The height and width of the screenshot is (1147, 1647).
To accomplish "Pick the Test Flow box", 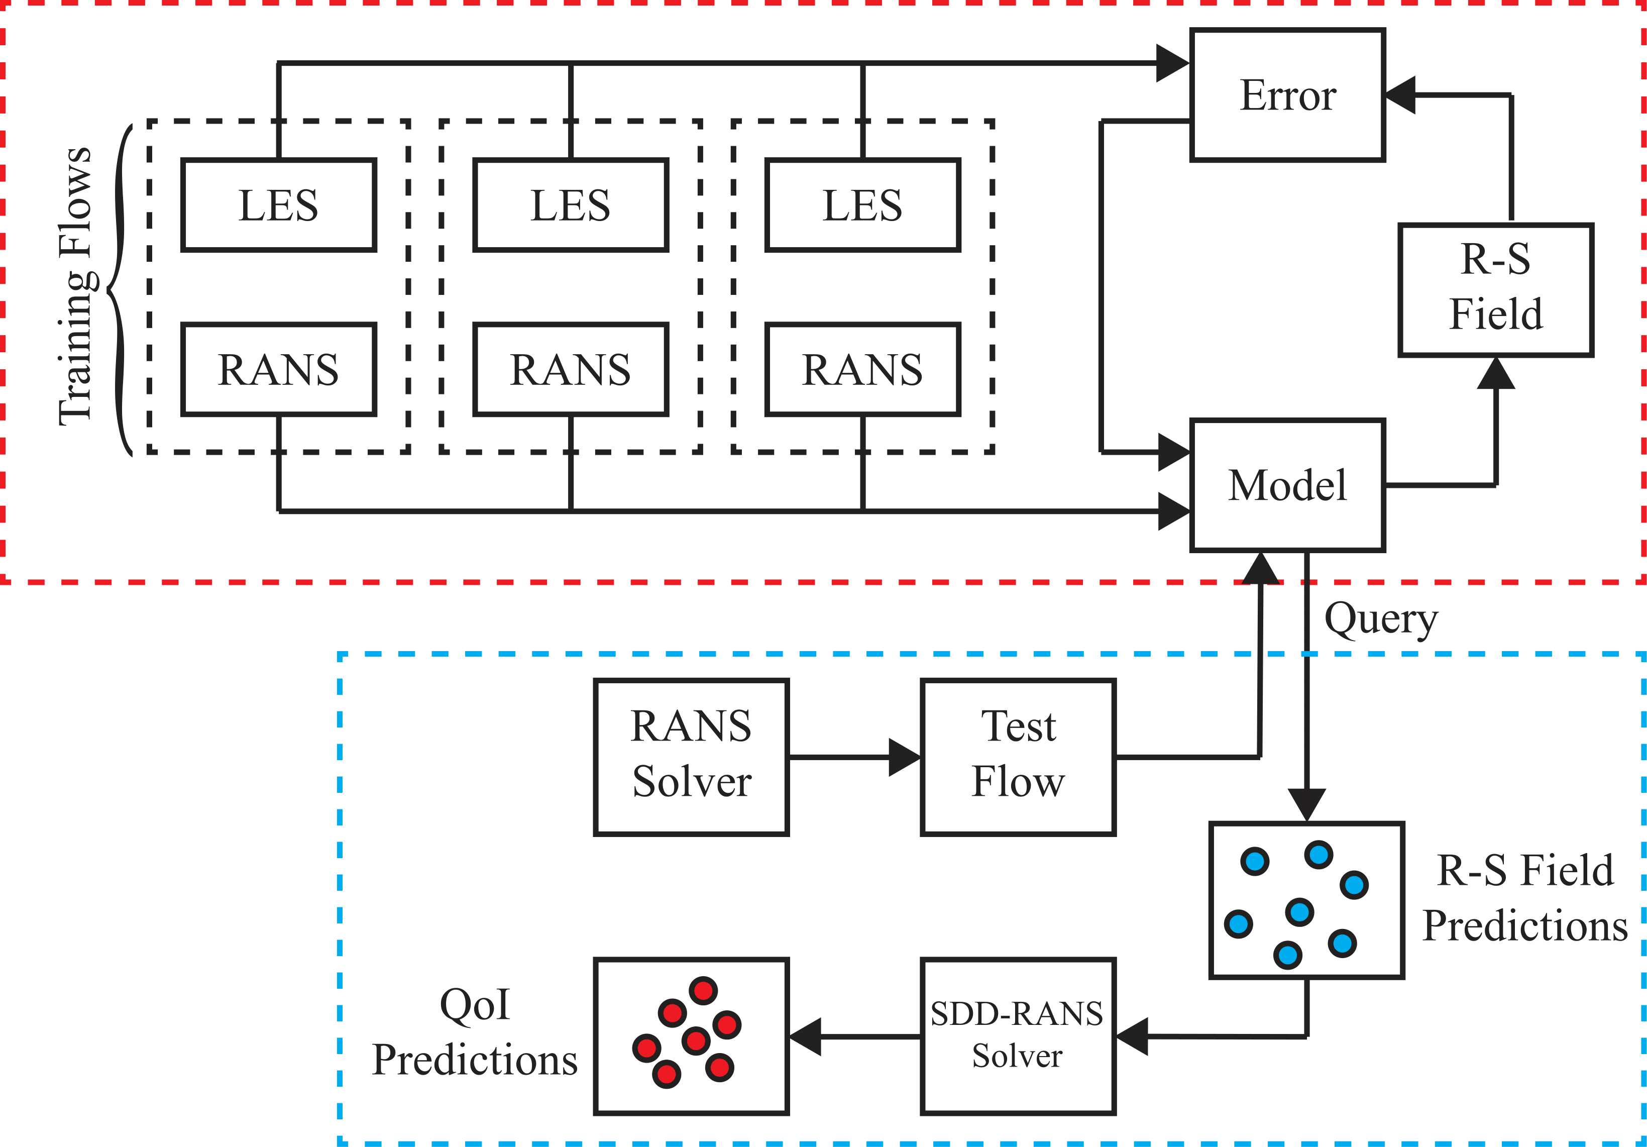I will [1018, 757].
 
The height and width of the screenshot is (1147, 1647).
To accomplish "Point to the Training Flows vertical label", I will [76, 287].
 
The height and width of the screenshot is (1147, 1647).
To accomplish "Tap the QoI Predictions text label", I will [475, 1032].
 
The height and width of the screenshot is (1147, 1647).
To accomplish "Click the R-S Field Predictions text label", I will [1525, 898].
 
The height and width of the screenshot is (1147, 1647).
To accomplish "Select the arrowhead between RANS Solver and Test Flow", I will [905, 757].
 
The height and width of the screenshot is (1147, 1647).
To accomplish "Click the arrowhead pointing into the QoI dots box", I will [805, 1036].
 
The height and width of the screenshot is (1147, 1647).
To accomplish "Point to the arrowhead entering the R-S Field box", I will [1496, 373].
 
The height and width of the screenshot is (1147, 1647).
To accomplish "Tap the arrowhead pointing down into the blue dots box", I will [1306, 805].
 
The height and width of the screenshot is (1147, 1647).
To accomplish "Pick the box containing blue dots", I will [1306, 900].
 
